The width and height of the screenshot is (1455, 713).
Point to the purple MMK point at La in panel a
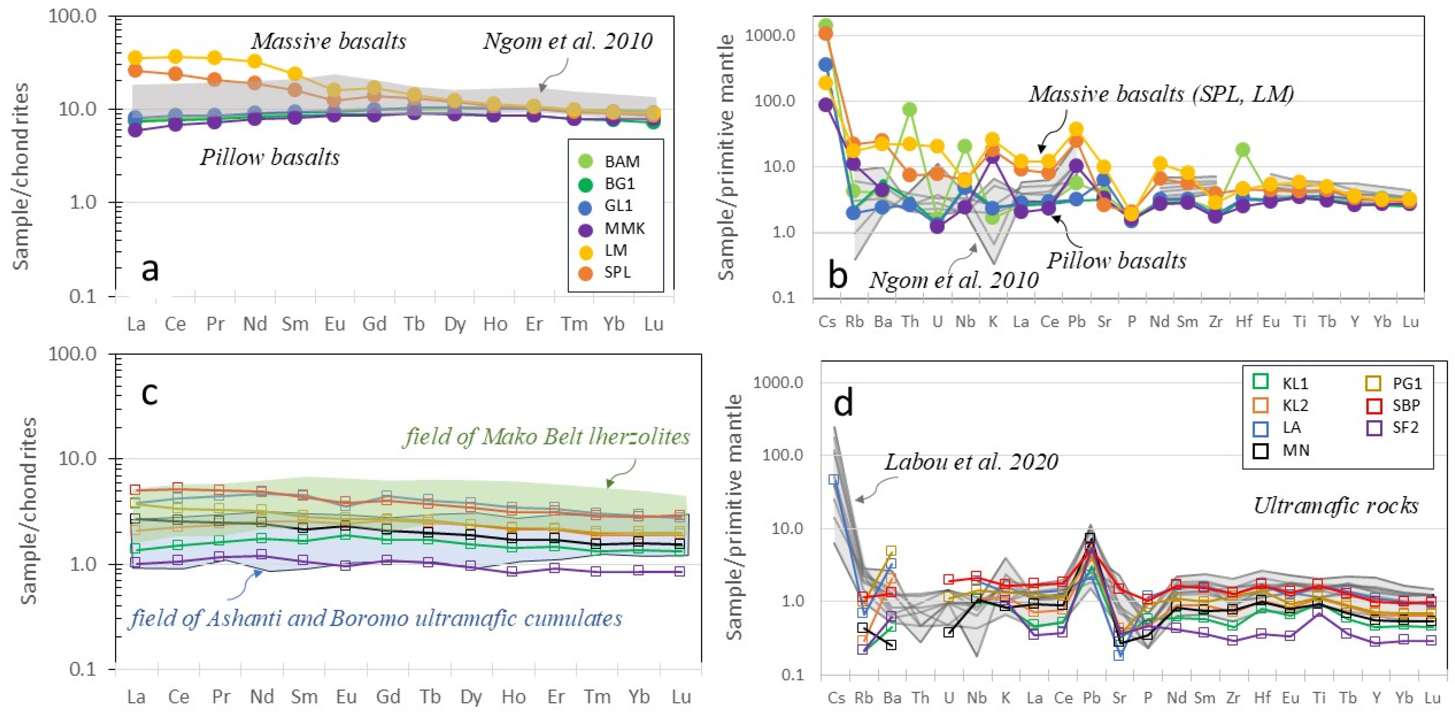[135, 131]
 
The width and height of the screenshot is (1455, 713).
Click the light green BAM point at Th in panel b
[909, 109]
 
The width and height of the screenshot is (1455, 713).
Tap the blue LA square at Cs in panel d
[834, 479]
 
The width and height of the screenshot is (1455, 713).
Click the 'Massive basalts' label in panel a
[329, 41]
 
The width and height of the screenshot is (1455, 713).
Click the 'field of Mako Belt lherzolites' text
[546, 437]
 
